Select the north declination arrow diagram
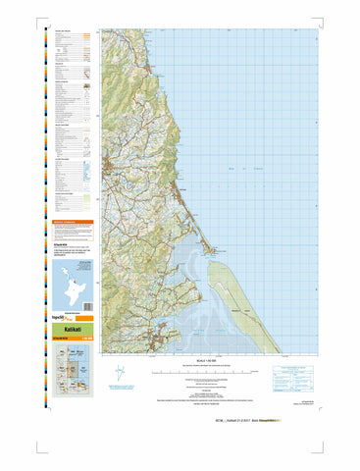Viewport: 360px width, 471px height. coord(120,374)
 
